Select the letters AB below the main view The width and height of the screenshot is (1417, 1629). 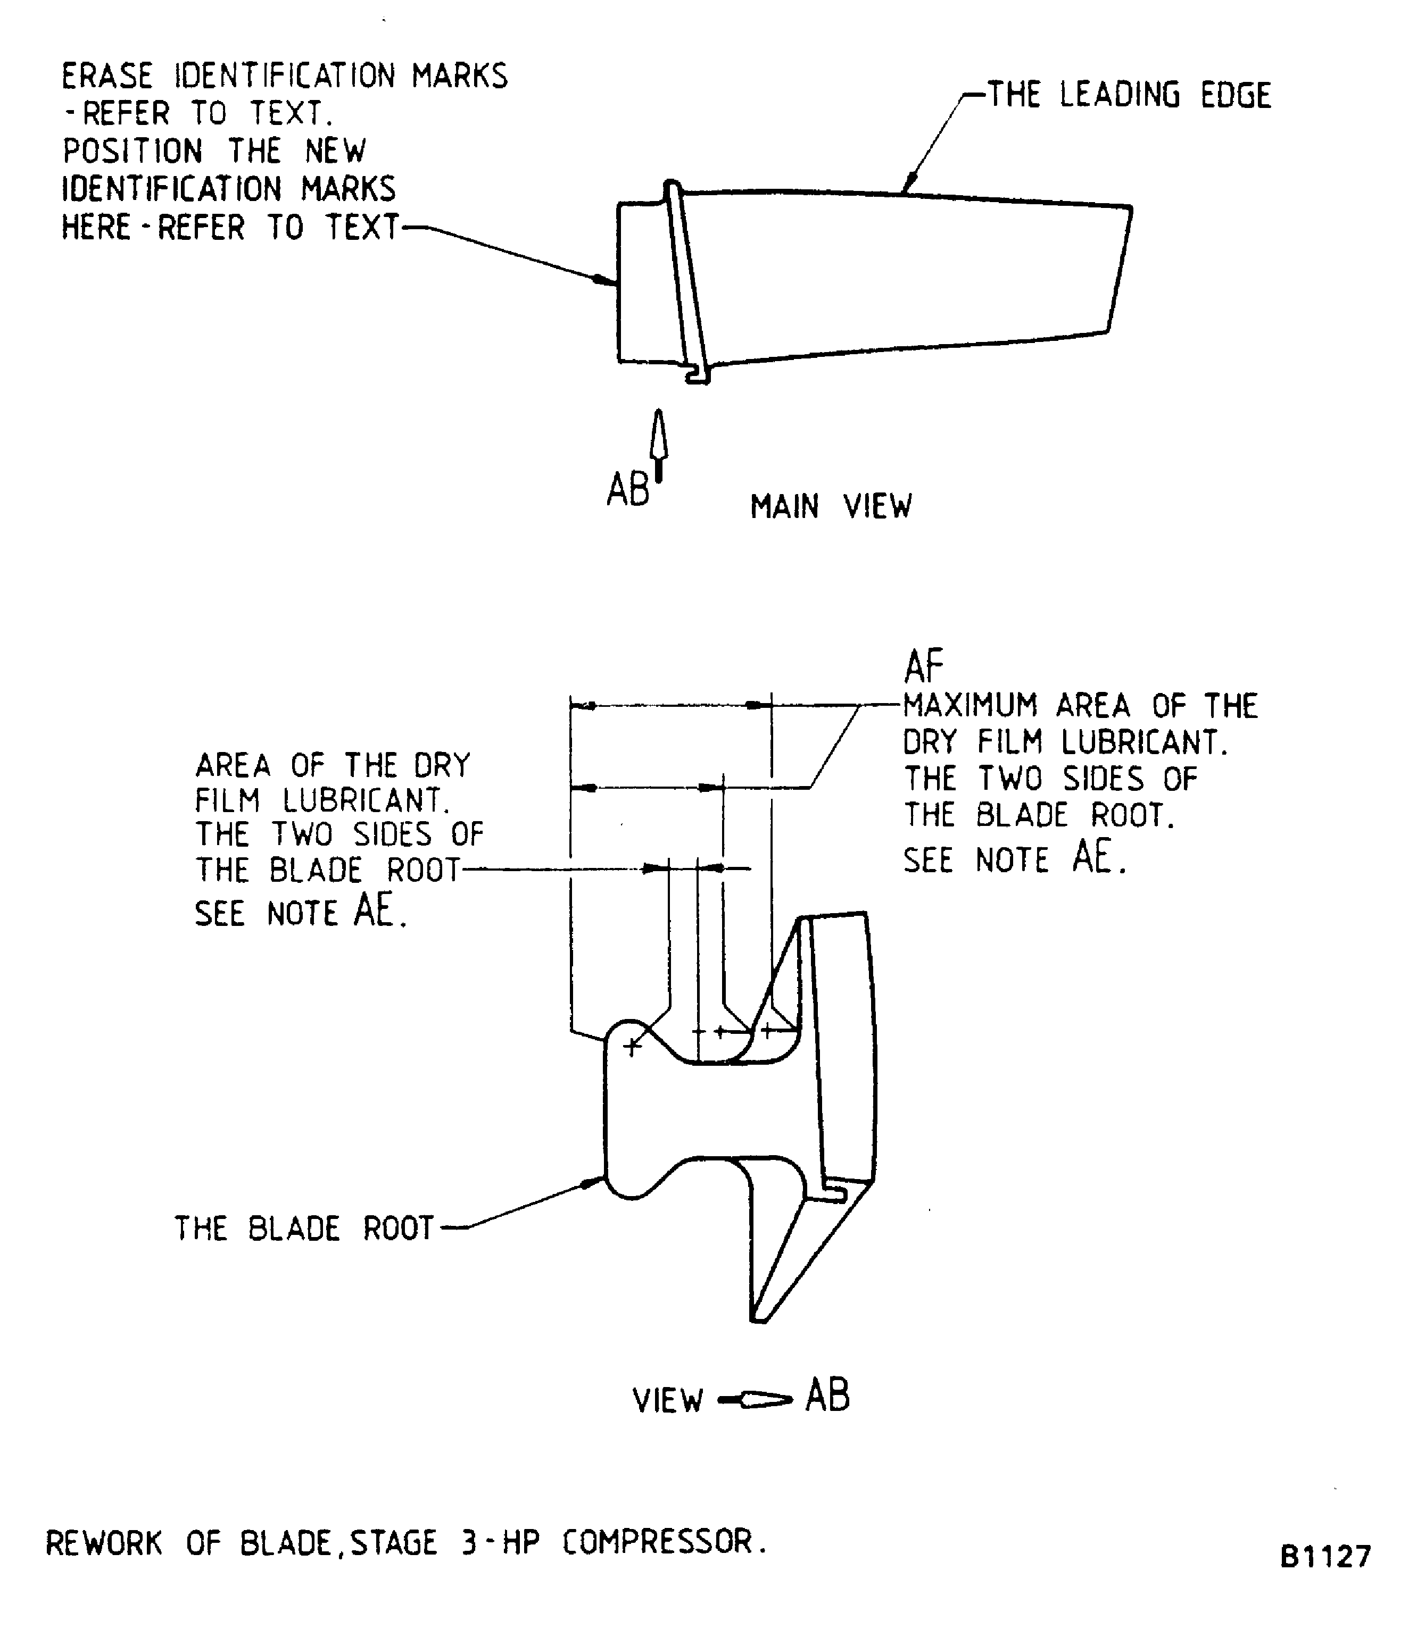[627, 490]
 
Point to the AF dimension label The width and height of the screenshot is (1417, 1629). [924, 666]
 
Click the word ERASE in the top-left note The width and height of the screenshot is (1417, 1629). [107, 77]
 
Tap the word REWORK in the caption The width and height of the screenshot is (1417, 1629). [104, 1543]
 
